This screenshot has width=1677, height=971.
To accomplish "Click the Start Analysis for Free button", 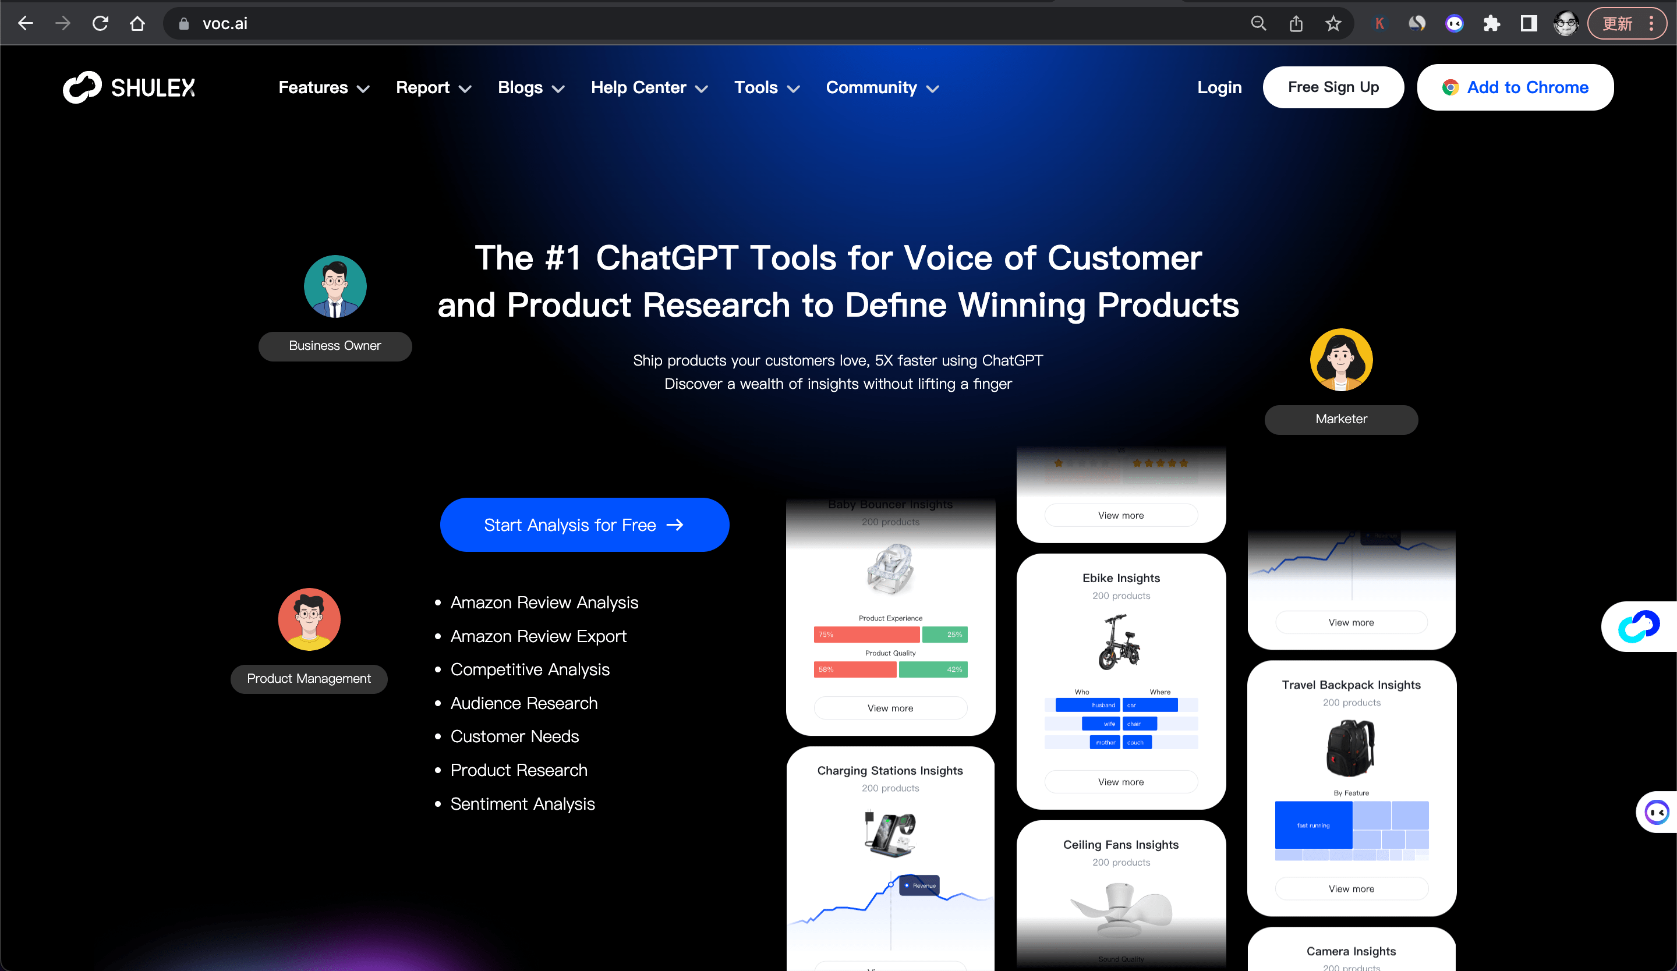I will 583,525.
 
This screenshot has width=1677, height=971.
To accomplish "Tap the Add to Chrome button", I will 1515,87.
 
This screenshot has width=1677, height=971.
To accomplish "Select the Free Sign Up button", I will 1333,87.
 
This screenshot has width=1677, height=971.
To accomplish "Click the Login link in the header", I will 1219,87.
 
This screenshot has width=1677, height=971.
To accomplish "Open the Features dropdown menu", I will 323,88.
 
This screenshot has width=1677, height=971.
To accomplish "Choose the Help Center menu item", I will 649,88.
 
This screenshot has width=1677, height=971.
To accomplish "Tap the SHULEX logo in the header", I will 129,87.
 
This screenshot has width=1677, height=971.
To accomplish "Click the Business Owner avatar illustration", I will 335,286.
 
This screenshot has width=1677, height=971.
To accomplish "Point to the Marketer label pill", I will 1340,419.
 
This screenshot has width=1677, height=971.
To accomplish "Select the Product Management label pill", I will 309,678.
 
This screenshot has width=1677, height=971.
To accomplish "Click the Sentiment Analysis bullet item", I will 522,804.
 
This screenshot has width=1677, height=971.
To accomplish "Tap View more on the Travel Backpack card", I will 1351,888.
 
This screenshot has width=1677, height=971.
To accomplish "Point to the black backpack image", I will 1350,747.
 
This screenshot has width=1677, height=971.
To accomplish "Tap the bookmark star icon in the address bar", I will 1332,24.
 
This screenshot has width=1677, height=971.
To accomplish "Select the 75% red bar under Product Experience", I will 866,635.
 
